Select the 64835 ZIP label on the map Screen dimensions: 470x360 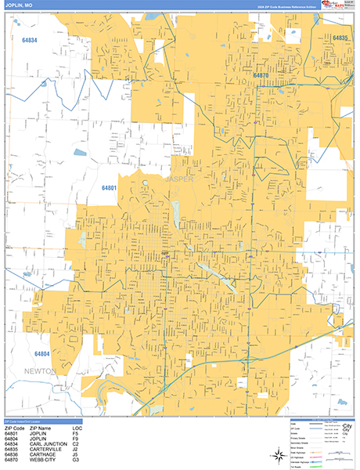click(x=339, y=38)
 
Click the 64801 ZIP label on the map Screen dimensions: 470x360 click(x=109, y=187)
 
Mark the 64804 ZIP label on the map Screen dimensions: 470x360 click(x=42, y=353)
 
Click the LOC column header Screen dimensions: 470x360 click(x=77, y=427)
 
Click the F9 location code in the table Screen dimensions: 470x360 click(x=76, y=437)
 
